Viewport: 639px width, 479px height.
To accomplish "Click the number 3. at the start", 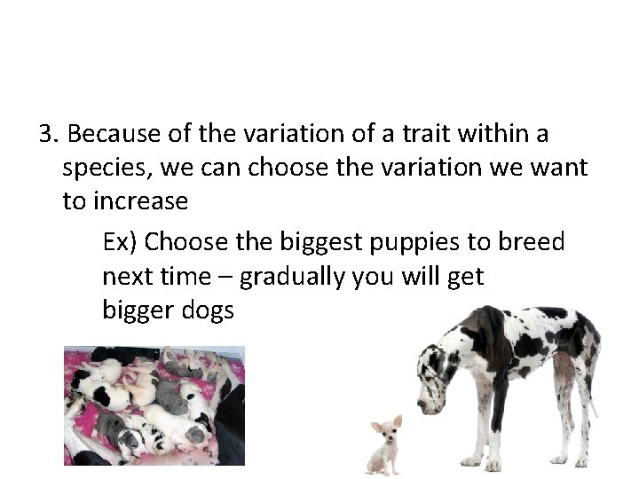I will (48, 134).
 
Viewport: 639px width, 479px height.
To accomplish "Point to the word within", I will (498, 134).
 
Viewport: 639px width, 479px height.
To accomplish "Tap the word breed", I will (532, 242).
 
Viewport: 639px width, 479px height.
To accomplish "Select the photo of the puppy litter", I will (154, 404).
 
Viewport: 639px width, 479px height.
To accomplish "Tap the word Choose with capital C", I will (187, 242).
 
